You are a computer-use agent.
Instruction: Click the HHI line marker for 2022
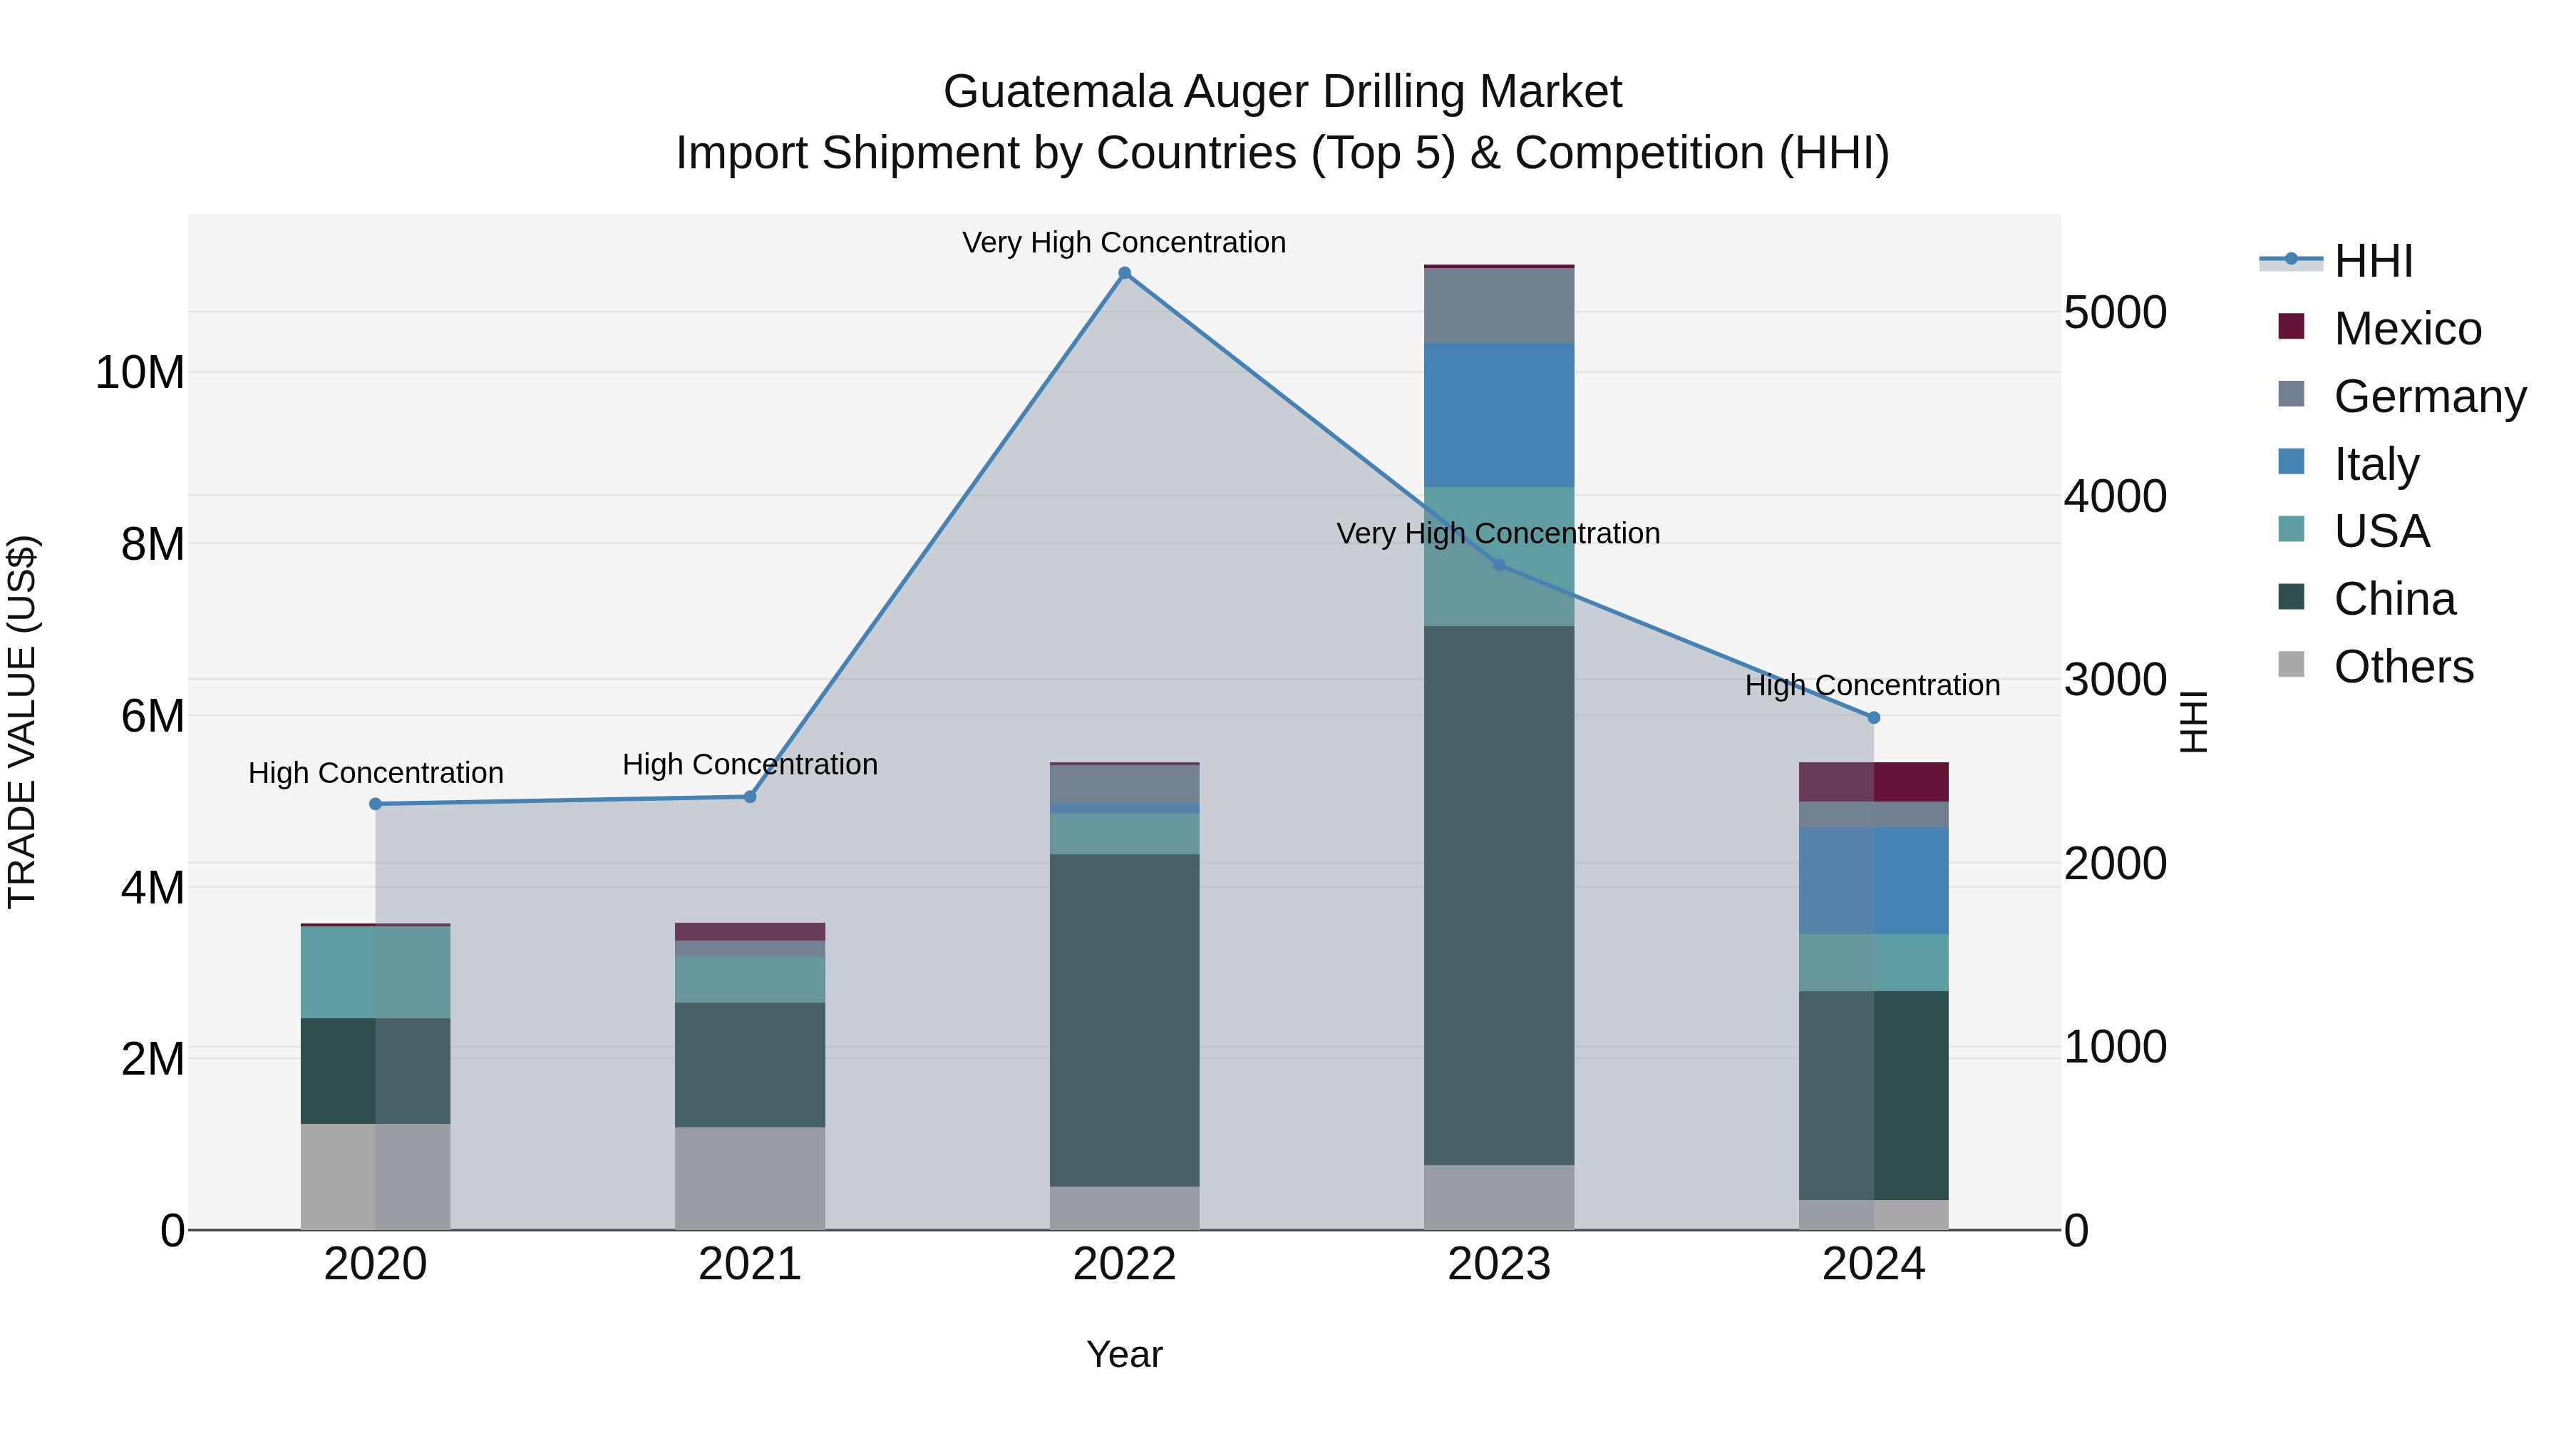point(1125,273)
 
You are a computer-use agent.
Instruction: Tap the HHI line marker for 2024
point(1874,717)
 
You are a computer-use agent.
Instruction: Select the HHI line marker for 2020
point(376,804)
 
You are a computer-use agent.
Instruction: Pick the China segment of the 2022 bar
point(1125,1020)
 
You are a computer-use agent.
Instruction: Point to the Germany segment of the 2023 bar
point(1499,306)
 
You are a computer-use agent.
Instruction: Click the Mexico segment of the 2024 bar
point(1874,782)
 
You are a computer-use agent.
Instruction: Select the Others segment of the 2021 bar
point(750,1178)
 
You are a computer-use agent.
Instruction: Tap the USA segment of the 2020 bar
point(376,972)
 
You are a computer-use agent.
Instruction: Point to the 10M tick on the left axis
point(140,373)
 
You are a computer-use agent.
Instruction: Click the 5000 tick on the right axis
point(2115,313)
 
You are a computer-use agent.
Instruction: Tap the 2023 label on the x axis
point(1499,1264)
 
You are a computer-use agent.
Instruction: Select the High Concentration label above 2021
point(750,764)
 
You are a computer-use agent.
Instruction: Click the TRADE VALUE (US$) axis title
point(22,722)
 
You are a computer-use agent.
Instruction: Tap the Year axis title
point(1125,1354)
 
